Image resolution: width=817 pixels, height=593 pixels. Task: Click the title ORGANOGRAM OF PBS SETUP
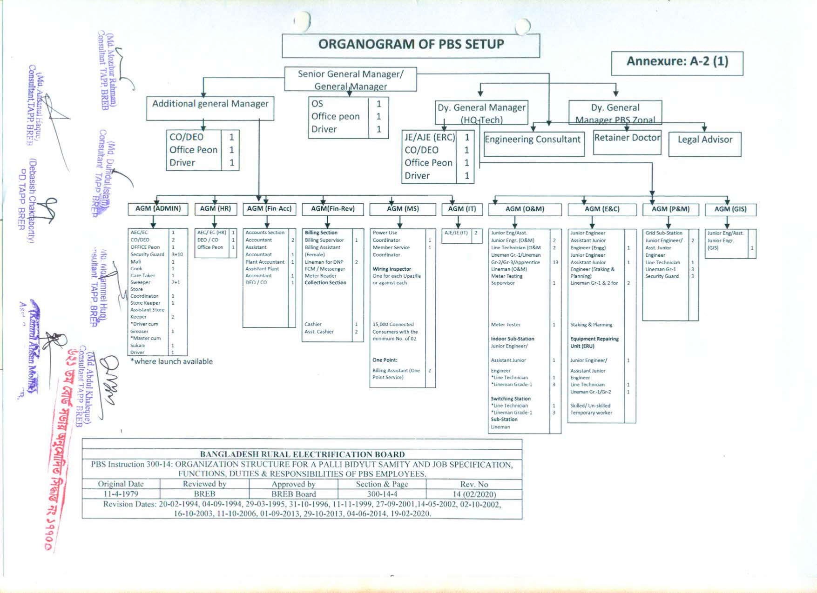411,45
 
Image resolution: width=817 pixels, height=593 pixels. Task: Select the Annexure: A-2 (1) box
677,62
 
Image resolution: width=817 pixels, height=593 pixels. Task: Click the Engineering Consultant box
533,140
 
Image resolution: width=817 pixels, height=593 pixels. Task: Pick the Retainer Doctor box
627,138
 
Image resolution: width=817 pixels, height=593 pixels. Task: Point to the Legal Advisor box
705,140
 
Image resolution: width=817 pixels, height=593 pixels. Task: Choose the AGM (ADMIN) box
158,209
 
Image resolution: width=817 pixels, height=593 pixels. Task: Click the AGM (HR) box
216,209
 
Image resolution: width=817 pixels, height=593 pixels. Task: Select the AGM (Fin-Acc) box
269,209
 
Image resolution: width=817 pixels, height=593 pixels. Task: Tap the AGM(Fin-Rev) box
333,209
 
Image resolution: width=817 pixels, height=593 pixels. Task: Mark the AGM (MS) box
403,209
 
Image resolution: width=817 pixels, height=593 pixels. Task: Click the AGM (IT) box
462,209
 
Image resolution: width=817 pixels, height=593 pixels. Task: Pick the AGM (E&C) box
602,209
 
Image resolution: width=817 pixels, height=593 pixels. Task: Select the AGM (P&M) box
670,209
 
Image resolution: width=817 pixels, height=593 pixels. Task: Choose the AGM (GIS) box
730,209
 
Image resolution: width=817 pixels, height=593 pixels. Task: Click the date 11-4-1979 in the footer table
121,494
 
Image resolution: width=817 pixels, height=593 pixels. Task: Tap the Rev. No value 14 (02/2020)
474,494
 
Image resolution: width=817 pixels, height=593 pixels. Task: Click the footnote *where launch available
171,362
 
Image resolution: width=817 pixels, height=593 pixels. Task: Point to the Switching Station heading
510,399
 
